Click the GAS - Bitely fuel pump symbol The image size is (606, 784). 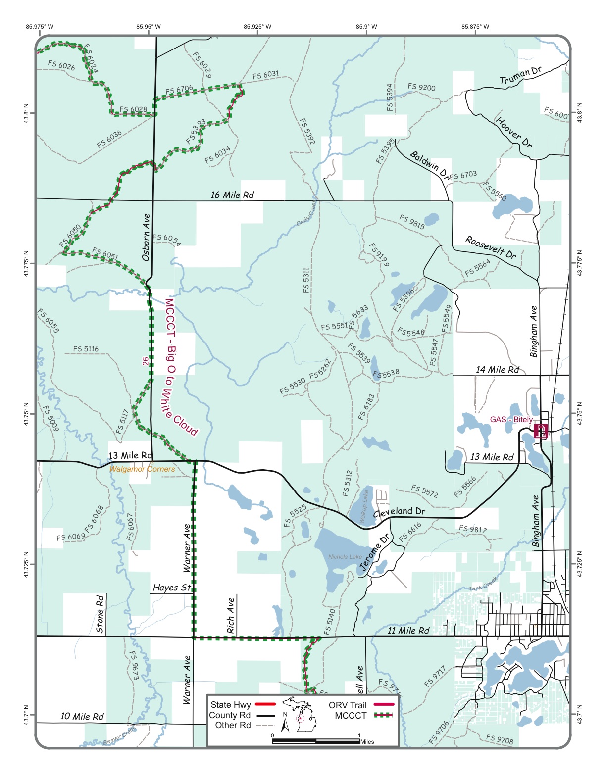pyautogui.click(x=541, y=430)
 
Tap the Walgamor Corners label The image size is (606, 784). pyautogui.click(x=142, y=469)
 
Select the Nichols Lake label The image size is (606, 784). pyautogui.click(x=345, y=557)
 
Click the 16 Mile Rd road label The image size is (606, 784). pyautogui.click(x=232, y=195)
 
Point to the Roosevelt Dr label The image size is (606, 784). pyautogui.click(x=491, y=247)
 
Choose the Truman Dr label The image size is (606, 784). pyautogui.click(x=520, y=76)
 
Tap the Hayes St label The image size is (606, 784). pyautogui.click(x=172, y=588)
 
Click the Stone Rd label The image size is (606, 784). pyautogui.click(x=100, y=614)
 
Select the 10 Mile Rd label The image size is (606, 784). pyautogui.click(x=82, y=716)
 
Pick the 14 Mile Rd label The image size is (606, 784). pyautogui.click(x=498, y=370)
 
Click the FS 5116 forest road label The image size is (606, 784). pyautogui.click(x=86, y=349)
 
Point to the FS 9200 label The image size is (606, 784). pyautogui.click(x=421, y=87)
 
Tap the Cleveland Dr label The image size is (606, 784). pyautogui.click(x=399, y=512)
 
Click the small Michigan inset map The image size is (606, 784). pyautogui.click(x=300, y=714)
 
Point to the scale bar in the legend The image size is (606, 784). pyautogui.click(x=316, y=741)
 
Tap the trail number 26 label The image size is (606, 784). pyautogui.click(x=145, y=361)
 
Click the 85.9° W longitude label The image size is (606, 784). pyautogui.click(x=366, y=27)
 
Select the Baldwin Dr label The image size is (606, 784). pyautogui.click(x=429, y=165)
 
